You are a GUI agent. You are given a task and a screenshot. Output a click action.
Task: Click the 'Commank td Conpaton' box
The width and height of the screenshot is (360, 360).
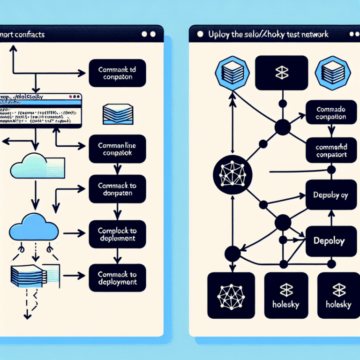[x=117, y=74]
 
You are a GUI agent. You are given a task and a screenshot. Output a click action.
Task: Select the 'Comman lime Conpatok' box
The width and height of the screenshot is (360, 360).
[x=117, y=149]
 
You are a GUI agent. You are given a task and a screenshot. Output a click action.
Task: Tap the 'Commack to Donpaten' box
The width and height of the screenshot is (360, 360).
[x=117, y=189]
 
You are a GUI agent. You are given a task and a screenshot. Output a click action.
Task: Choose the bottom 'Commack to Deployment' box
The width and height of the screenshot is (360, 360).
[x=117, y=278]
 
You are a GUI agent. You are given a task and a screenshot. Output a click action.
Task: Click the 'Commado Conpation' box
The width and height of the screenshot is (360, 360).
[x=331, y=113]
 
